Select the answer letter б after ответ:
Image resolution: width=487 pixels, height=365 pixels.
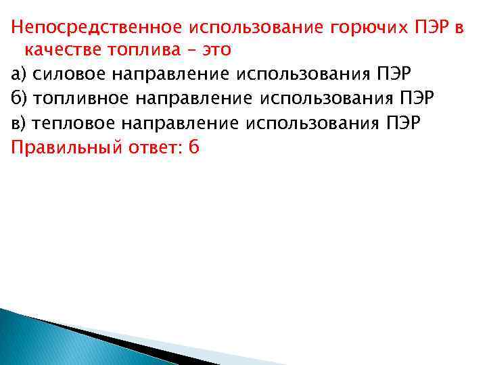(x=194, y=146)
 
